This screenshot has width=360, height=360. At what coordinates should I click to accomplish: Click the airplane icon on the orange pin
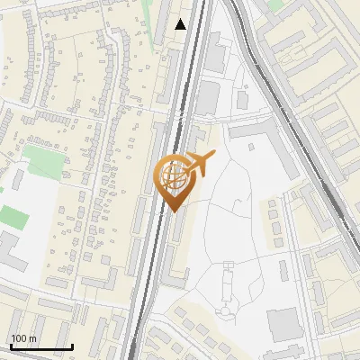pyautogui.click(x=199, y=163)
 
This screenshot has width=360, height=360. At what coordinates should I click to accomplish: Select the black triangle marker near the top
pyautogui.click(x=181, y=24)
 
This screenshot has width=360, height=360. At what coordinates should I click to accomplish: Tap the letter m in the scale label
pyautogui.click(x=31, y=338)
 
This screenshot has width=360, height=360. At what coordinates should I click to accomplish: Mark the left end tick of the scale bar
pyautogui.click(x=11, y=346)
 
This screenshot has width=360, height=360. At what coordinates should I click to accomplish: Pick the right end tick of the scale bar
pyautogui.click(x=72, y=346)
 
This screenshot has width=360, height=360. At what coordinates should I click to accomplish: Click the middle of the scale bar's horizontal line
pyautogui.click(x=41, y=347)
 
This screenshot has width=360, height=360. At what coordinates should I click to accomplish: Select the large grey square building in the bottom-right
pyautogui.click(x=283, y=323)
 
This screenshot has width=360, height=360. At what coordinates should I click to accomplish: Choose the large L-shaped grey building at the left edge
pyautogui.click(x=11, y=247)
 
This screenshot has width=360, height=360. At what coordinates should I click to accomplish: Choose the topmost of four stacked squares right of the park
pyautogui.click(x=273, y=205)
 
